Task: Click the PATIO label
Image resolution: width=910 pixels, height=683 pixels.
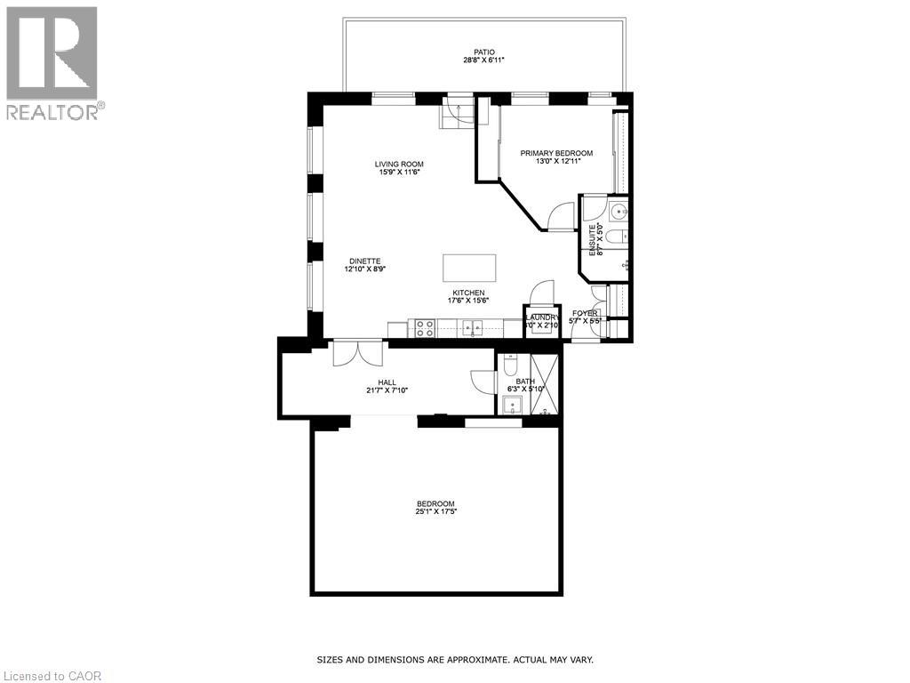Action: (x=483, y=52)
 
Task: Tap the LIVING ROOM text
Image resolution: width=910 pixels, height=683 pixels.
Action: (x=398, y=164)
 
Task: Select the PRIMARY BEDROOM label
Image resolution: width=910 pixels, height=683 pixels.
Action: (x=556, y=153)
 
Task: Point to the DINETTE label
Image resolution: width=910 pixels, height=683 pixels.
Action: (x=364, y=261)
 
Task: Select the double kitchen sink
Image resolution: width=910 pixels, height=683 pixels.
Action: (x=473, y=329)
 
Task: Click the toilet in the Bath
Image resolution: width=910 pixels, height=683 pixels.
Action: (x=510, y=365)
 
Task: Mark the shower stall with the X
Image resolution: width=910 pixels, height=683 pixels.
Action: (x=544, y=384)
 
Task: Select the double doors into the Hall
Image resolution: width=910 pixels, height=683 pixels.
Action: (x=357, y=354)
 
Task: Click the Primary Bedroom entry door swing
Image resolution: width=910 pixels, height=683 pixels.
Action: (x=562, y=217)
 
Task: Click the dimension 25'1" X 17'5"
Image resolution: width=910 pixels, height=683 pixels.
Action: (x=435, y=511)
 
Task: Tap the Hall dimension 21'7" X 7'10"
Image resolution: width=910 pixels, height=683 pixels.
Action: (x=387, y=390)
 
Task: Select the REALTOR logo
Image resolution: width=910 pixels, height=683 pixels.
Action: (x=52, y=62)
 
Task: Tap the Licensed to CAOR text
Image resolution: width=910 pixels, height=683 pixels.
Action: (x=53, y=676)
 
